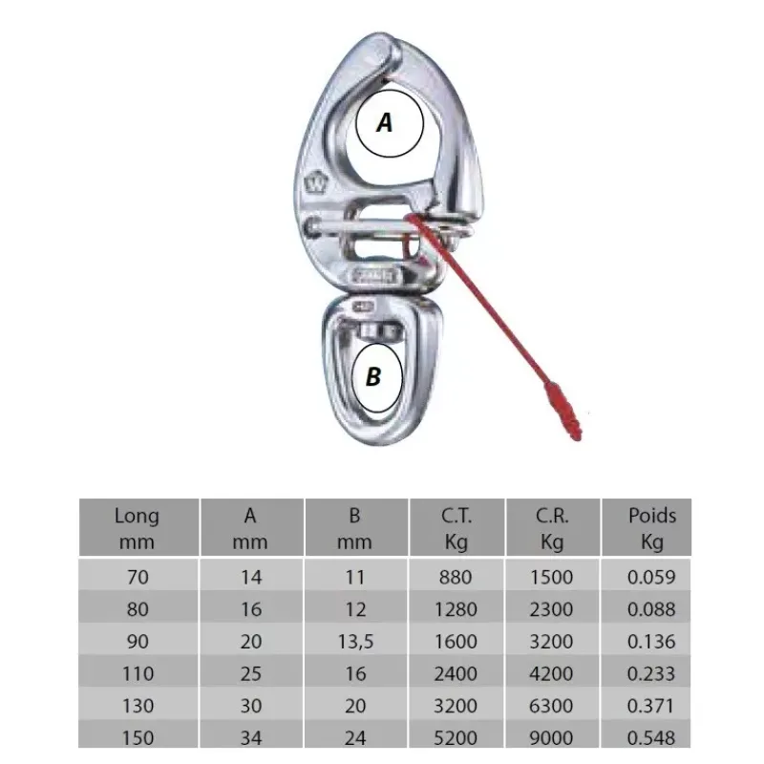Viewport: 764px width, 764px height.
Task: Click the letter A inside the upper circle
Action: pos(385,122)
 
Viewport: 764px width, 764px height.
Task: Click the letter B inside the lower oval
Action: pos(373,376)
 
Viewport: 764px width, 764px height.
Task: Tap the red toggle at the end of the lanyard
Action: pos(563,413)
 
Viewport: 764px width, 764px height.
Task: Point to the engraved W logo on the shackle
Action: pos(312,183)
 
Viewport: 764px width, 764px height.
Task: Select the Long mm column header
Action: pos(137,528)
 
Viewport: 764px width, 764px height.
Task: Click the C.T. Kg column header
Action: pos(456,528)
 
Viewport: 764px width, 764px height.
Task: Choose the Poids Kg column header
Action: pos(652,528)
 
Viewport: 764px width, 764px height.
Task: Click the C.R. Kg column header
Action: pos(552,528)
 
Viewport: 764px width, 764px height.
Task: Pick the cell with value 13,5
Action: pos(355,642)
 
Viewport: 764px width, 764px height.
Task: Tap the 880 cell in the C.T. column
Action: pos(456,578)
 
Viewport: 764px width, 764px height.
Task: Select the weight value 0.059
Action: pos(651,578)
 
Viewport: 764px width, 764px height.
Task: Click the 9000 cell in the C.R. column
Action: pos(551,738)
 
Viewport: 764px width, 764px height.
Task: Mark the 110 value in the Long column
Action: pos(138,674)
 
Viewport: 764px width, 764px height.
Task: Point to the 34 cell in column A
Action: pos(251,738)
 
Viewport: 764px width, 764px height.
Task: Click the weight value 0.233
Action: pos(651,674)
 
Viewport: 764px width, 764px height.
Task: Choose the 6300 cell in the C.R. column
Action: pos(551,706)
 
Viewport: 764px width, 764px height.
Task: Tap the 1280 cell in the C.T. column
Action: pos(456,609)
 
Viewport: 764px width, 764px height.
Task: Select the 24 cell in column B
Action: pos(355,738)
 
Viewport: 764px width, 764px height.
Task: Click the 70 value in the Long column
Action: pos(138,578)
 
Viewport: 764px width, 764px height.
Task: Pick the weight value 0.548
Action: pos(651,738)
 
